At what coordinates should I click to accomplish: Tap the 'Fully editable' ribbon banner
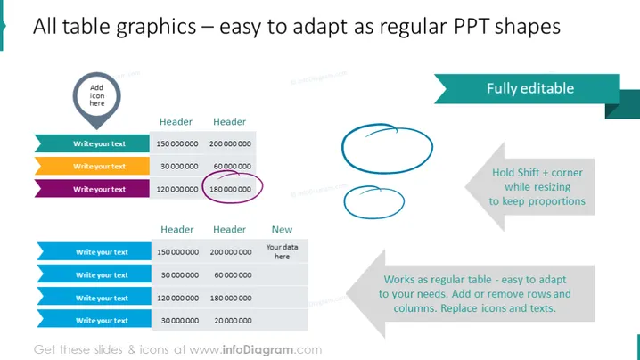pos(529,88)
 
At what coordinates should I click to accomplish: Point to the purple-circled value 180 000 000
pos(230,190)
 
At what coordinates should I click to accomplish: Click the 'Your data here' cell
pos(282,251)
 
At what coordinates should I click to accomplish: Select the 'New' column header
pos(282,229)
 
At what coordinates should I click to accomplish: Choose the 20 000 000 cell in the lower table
pos(233,321)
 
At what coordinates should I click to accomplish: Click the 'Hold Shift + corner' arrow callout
pos(529,187)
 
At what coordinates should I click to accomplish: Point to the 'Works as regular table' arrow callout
pos(471,294)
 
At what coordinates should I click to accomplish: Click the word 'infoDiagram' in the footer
pos(258,350)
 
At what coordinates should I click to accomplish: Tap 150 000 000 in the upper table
pos(177,143)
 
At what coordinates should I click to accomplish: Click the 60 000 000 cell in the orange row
pos(233,166)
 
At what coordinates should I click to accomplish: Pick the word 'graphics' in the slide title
pos(155,28)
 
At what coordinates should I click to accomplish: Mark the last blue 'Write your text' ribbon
pos(94,321)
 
